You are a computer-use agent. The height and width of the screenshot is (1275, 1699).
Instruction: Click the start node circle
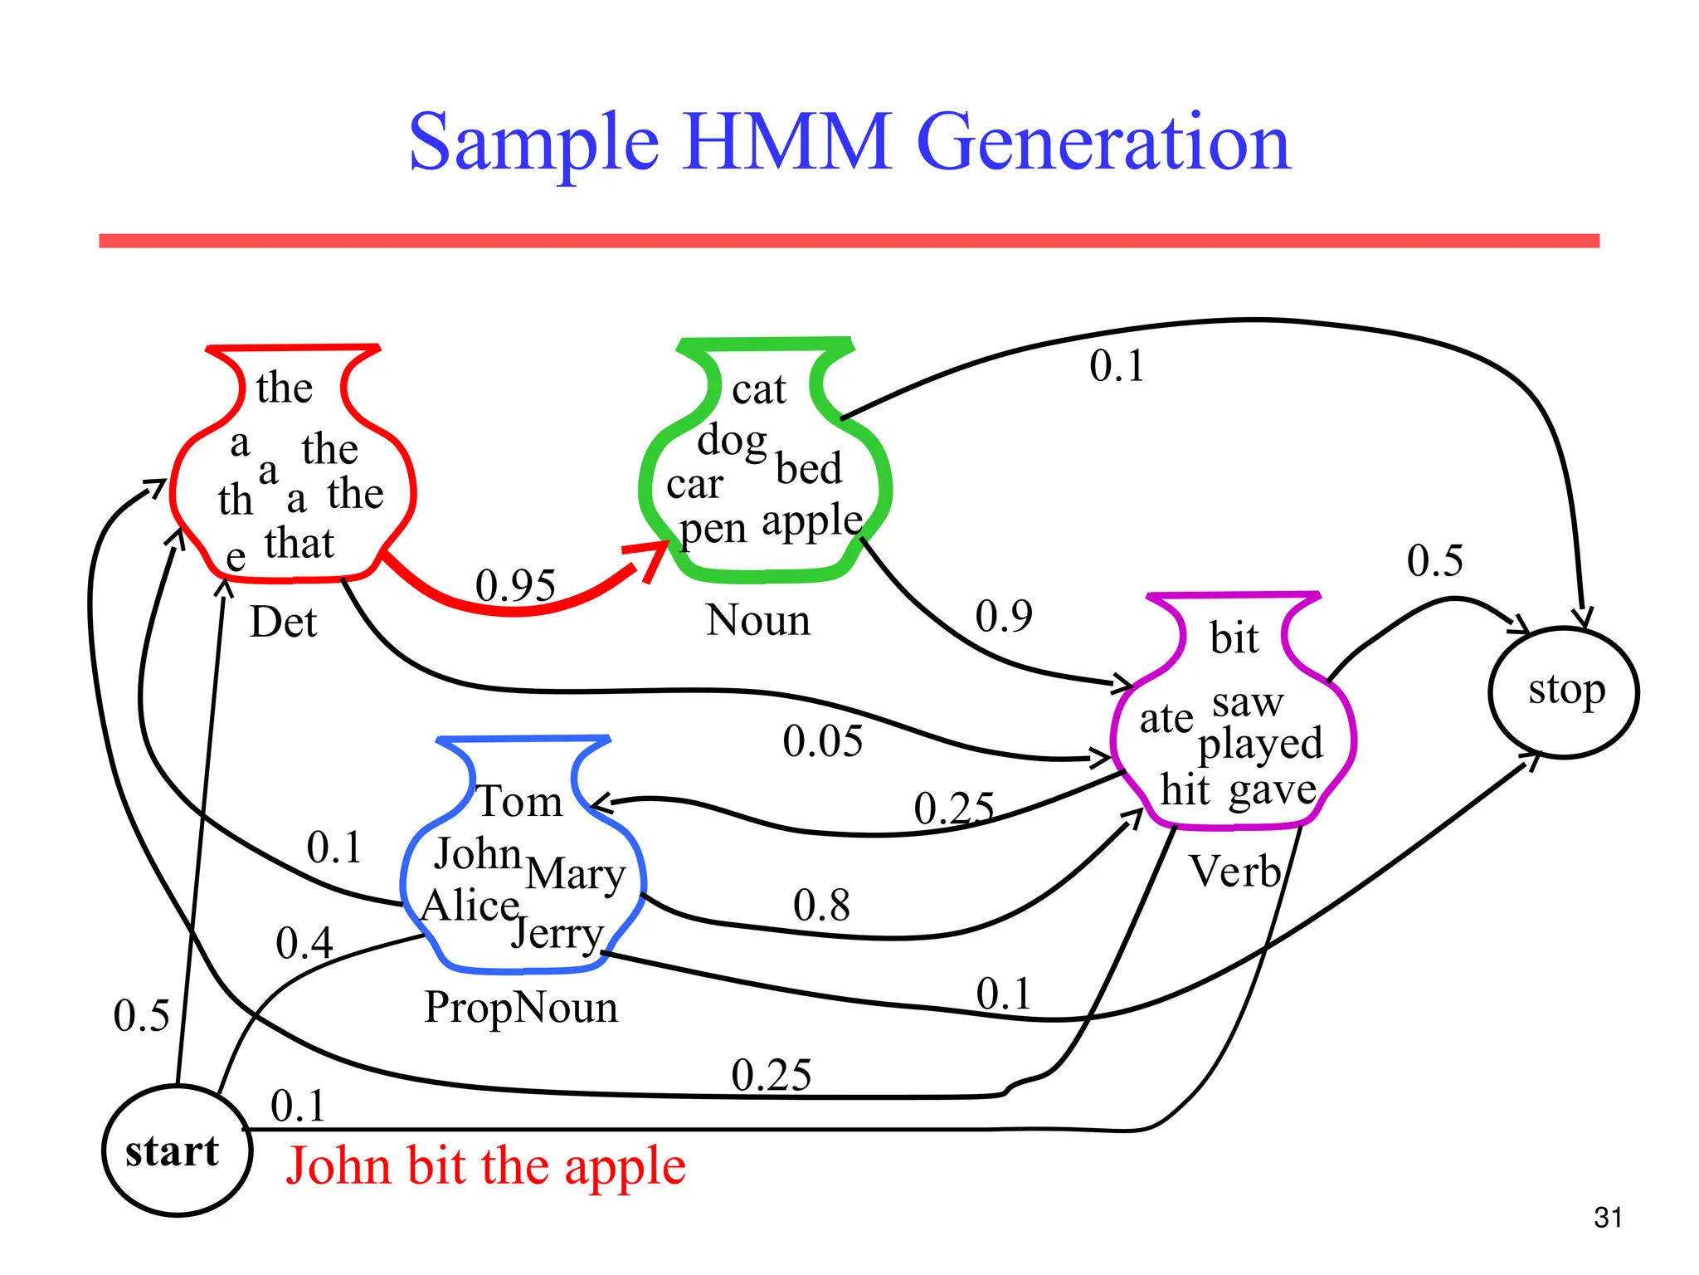point(177,1150)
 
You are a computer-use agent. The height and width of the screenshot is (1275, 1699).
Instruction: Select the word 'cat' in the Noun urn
point(758,389)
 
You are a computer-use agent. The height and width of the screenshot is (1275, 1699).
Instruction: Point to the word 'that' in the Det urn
point(299,544)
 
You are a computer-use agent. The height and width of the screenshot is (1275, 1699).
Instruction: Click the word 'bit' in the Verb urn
point(1234,638)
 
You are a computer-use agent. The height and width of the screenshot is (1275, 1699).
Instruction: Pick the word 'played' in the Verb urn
point(1260,744)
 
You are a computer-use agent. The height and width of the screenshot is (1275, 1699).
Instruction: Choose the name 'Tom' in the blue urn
point(520,802)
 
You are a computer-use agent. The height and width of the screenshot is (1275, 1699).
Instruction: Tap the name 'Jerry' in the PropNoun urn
point(557,935)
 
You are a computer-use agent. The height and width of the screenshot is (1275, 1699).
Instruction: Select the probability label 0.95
point(515,586)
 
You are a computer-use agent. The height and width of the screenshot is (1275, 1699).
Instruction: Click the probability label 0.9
point(1004,616)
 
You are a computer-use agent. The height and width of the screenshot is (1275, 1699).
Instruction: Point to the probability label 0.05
point(822,740)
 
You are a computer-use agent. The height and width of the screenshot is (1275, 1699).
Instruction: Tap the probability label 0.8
point(821,905)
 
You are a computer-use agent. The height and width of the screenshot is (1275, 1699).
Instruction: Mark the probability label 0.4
point(304,943)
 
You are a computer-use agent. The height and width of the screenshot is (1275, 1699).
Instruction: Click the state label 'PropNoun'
point(521,1008)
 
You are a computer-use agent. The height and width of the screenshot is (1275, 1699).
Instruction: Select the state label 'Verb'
point(1235,872)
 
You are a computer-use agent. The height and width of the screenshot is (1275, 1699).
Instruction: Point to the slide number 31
point(1608,1218)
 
